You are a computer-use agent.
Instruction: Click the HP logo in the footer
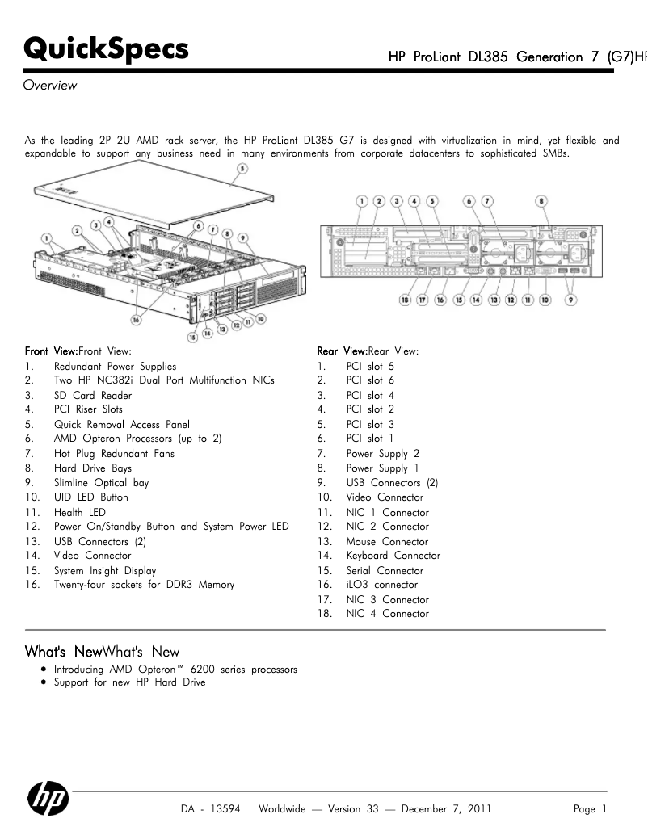(48, 800)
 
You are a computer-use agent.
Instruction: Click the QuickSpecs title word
(107, 49)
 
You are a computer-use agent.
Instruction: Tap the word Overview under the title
(50, 86)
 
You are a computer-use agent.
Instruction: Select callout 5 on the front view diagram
(242, 170)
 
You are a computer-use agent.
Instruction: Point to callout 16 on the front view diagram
(137, 319)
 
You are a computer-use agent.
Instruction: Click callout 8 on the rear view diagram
(542, 201)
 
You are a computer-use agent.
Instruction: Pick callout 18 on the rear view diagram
(404, 300)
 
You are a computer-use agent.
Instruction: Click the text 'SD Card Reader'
(93, 396)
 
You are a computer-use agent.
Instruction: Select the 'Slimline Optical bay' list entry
(102, 483)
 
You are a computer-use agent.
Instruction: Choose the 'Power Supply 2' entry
(383, 454)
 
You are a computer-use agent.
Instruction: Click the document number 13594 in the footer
(225, 809)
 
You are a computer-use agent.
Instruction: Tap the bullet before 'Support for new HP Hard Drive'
(42, 682)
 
